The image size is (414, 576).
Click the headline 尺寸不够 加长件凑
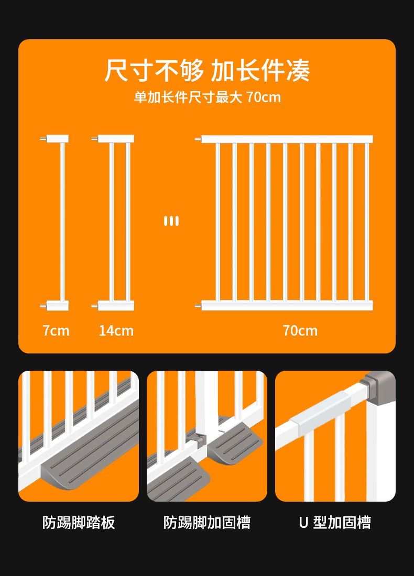coord(207,70)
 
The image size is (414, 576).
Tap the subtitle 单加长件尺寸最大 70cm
coord(207,97)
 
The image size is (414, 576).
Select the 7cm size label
coord(56,330)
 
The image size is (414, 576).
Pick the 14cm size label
coord(116,330)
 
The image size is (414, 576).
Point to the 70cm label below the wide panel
coord(300,330)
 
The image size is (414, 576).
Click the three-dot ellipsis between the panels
coord(171,221)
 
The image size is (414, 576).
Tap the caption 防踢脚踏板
coord(79,523)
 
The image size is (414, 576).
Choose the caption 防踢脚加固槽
coord(207,523)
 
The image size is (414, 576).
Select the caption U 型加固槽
coord(335,523)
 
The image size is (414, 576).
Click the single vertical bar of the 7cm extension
coord(62,222)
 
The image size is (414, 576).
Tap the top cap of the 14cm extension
coord(116,139)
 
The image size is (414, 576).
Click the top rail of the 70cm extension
coord(287,139)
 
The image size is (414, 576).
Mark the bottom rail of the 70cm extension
coord(287,305)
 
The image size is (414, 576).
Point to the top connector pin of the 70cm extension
coord(198,139)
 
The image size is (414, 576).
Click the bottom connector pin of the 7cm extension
coord(43,306)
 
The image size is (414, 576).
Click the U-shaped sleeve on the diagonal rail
coord(320,413)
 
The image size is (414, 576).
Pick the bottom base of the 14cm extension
coord(116,306)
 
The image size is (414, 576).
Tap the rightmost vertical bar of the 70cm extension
coord(366,222)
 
